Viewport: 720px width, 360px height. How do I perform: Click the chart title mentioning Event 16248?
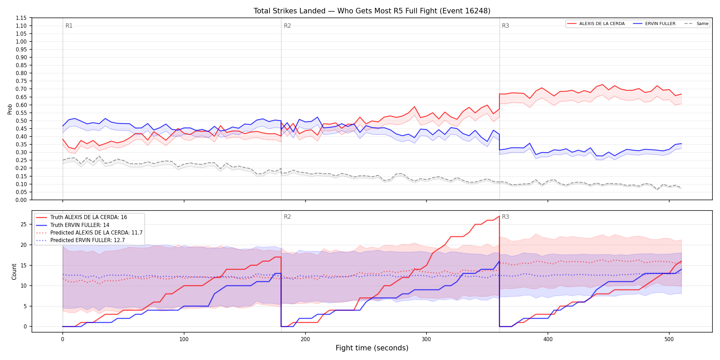point(372,11)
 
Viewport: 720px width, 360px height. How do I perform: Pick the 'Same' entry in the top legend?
point(696,24)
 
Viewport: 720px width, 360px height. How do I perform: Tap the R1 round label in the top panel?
point(69,26)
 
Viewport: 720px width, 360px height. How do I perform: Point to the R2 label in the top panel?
point(287,26)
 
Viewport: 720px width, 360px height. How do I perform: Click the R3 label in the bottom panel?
point(505,217)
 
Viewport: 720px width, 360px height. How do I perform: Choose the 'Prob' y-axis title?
point(10,109)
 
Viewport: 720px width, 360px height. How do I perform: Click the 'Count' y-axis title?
point(14,272)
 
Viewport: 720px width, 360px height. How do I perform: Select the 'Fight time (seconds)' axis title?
point(372,348)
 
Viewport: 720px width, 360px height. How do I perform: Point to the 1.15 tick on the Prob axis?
point(21,18)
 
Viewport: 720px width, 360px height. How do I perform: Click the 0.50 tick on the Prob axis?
point(21,121)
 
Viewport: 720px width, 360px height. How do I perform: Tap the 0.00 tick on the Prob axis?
point(21,200)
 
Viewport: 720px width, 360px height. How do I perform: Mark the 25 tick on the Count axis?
point(24,225)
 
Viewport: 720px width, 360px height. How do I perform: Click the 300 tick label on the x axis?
point(427,339)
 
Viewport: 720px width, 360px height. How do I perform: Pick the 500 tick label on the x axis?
point(669,339)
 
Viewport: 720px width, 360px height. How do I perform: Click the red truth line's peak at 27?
point(499,216)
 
